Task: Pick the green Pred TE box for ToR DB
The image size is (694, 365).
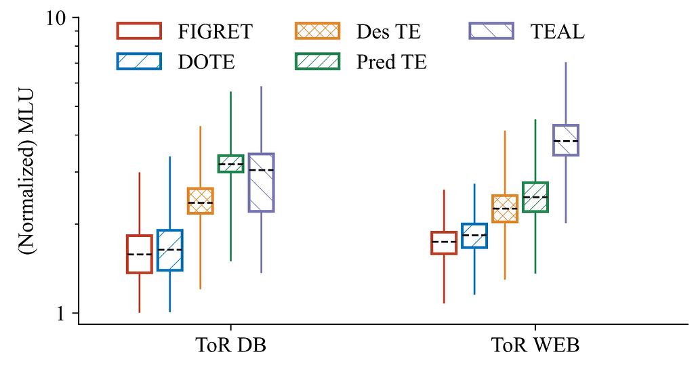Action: click(230, 163)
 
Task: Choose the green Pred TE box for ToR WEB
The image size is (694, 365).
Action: click(535, 197)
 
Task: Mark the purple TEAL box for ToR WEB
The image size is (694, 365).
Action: click(566, 140)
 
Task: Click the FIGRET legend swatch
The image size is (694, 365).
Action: click(139, 31)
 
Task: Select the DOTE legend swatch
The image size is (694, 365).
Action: click(139, 62)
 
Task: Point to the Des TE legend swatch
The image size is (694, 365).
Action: click(317, 31)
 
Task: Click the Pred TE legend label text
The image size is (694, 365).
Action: click(392, 62)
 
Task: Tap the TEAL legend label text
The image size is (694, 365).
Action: click(557, 32)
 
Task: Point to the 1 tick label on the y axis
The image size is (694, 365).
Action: click(66, 314)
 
